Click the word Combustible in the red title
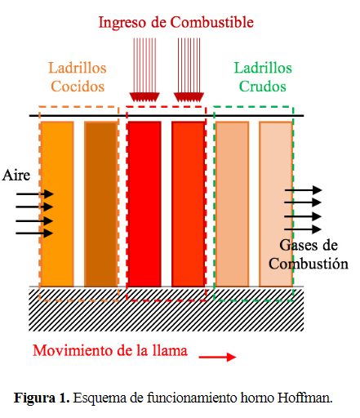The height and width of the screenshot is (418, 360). coord(212,22)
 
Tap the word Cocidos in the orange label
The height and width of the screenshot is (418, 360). coord(78,87)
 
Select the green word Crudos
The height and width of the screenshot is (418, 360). coord(263,87)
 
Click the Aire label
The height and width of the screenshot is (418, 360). coord(16,175)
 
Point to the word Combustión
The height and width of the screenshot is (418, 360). coord(309,264)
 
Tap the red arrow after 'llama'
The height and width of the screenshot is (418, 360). coord(217,357)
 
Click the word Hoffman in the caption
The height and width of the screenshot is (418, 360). coord(304,398)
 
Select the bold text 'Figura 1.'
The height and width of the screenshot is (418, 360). coord(42,398)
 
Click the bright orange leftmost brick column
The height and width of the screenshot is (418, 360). coord(57,204)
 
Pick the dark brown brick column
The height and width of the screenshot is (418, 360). coord(101,204)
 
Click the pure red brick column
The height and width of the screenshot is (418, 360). coord(144,204)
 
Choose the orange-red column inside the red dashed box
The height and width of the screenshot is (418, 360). coord(188,204)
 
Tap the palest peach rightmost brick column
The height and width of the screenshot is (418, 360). coord(276,204)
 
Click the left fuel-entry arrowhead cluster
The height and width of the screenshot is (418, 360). coord(144,97)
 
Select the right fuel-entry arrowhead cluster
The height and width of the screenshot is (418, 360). coord(189,97)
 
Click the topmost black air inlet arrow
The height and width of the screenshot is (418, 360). coord(34,194)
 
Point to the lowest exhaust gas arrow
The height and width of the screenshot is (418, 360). coord(303,229)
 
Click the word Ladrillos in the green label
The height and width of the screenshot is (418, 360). coord(263,68)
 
